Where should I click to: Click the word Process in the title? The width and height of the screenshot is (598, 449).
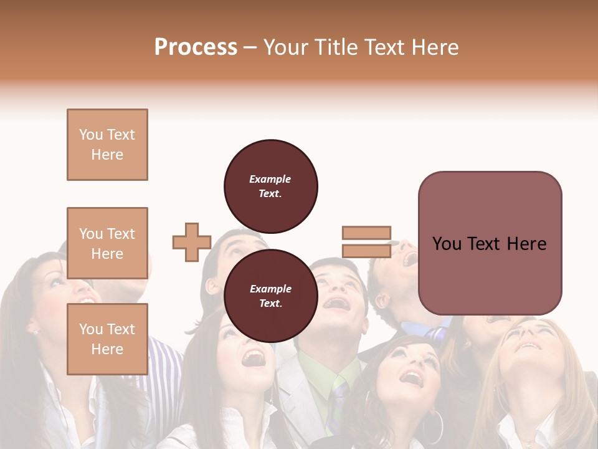(196, 47)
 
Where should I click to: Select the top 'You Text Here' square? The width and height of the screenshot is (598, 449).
(107, 145)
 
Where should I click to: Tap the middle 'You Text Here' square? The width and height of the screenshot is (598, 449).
(107, 243)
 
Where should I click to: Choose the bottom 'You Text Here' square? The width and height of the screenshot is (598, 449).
(107, 339)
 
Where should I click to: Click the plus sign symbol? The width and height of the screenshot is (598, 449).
(192, 242)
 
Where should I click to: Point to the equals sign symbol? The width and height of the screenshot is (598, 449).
(366, 242)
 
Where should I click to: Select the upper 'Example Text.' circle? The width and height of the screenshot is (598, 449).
(271, 186)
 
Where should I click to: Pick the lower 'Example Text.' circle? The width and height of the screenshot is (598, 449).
(271, 296)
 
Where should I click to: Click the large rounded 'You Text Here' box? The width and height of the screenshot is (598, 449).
(490, 243)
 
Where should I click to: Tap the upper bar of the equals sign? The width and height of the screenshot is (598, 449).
(366, 233)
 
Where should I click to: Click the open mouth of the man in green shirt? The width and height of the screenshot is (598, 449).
(337, 304)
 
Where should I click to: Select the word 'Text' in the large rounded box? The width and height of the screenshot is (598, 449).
(489, 243)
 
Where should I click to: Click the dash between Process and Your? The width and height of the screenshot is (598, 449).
(250, 47)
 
